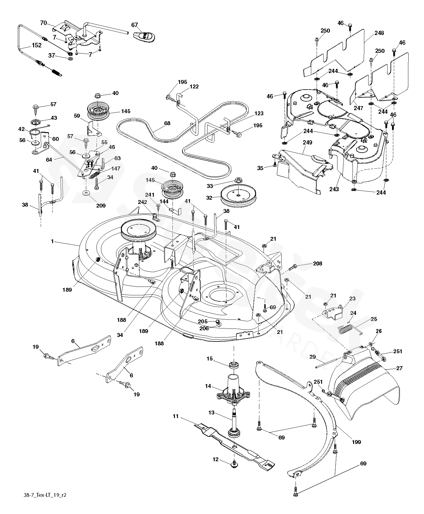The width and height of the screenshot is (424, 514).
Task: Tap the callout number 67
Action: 134,25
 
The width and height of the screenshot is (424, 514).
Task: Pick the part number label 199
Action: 356,442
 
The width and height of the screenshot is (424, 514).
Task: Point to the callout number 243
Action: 334,189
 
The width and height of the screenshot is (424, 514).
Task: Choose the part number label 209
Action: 101,205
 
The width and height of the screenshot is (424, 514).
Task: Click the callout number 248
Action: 379,33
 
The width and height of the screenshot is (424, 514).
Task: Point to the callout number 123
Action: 259,113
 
